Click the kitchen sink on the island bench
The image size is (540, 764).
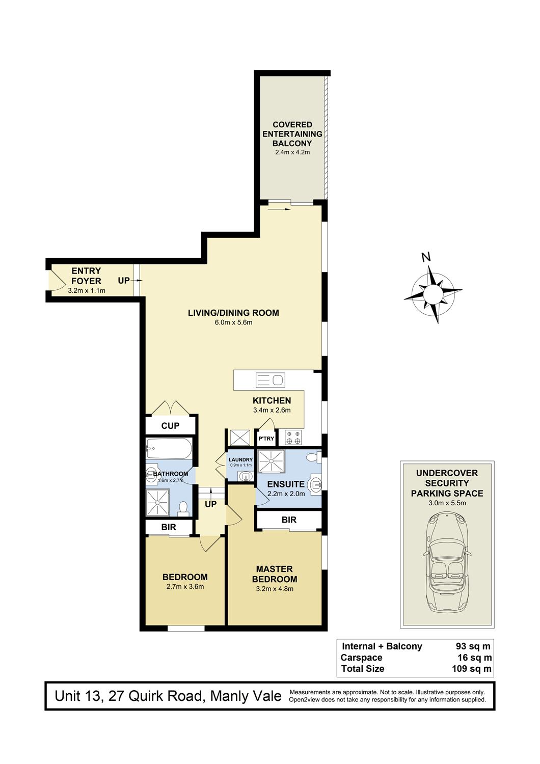coord(270,380)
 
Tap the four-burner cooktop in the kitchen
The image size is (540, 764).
coord(293,437)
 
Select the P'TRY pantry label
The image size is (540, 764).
coord(266,438)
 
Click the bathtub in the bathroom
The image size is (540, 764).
coord(169,449)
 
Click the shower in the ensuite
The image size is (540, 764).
coord(271,461)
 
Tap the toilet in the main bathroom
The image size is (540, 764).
coord(183,508)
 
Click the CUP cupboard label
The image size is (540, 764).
coord(170,426)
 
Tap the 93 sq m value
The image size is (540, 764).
coord(473,646)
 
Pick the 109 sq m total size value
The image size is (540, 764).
coord(471,668)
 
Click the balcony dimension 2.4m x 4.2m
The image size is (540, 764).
coord(292,152)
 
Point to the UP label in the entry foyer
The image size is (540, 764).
coord(124,280)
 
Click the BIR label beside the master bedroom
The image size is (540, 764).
coord(289,520)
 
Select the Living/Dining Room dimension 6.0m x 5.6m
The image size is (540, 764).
coord(233,322)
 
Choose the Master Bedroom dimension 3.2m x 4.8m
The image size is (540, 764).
coord(275,589)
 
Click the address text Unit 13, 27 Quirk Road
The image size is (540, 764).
coord(129,696)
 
